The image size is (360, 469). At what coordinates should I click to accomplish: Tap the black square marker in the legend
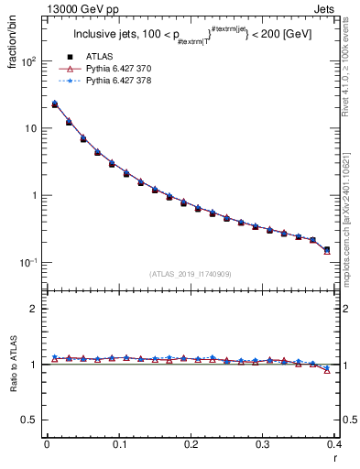[x=70, y=57]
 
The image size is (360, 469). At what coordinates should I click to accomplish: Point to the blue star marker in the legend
[x=70, y=82]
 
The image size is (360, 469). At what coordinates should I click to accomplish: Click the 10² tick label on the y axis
[x=28, y=61]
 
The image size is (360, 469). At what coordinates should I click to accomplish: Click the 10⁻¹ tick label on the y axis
[x=28, y=263]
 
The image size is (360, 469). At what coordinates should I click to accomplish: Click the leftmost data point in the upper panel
[x=54, y=104]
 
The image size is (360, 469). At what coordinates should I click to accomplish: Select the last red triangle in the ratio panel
[x=327, y=370]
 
